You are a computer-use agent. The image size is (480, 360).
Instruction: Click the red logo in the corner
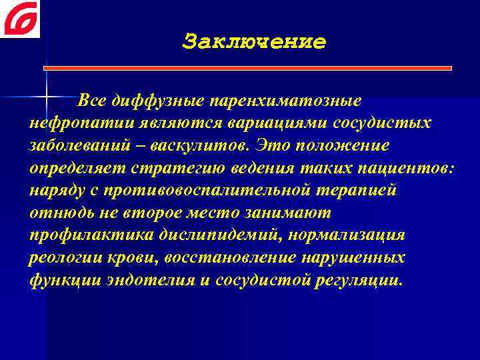pyautogui.click(x=20, y=19)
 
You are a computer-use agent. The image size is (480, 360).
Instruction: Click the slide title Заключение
pyautogui.click(x=254, y=42)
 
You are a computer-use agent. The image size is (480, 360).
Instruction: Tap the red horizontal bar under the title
pyautogui.click(x=249, y=67)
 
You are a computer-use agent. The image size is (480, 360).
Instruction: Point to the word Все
pyautogui.click(x=92, y=101)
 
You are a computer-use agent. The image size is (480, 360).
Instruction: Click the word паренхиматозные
pyautogui.click(x=286, y=101)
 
